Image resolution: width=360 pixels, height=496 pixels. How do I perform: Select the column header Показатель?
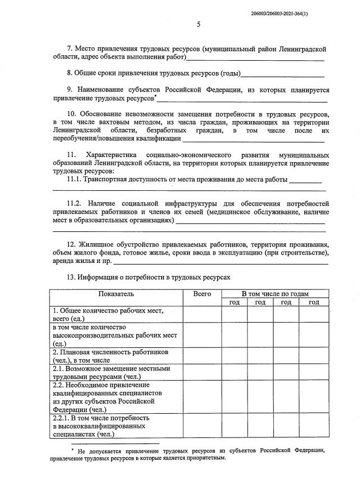(116, 294)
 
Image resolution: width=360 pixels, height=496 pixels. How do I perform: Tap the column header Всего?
(202, 294)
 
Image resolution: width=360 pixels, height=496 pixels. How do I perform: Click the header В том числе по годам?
(275, 294)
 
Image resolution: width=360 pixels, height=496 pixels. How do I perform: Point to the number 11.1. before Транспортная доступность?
(74, 179)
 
